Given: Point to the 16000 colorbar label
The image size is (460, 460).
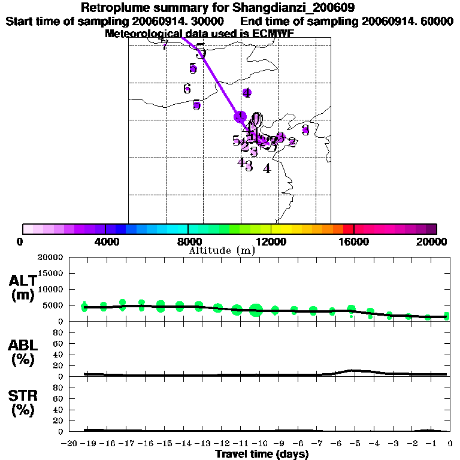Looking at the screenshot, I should [353, 242].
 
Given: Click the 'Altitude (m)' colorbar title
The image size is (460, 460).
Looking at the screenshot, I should [222, 250].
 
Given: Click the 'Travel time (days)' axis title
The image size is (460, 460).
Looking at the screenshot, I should [262, 454].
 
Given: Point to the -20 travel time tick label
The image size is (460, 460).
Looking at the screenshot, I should [71, 443].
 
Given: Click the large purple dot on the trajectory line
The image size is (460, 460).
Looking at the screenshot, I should [240, 116].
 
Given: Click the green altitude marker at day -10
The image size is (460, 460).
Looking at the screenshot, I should [256, 310].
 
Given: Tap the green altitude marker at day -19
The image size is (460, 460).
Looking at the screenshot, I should [85, 306].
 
